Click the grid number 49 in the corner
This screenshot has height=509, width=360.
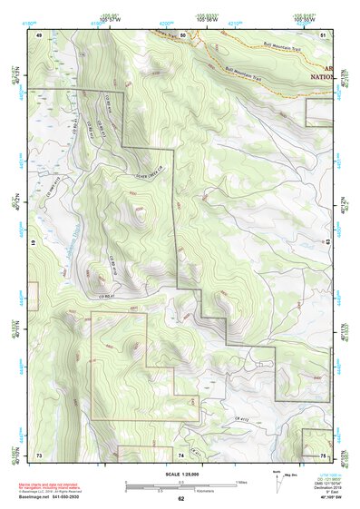pos(39,34)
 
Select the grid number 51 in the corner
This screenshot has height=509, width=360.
pos(324,34)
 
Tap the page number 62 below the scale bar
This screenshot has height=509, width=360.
pos(181,498)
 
